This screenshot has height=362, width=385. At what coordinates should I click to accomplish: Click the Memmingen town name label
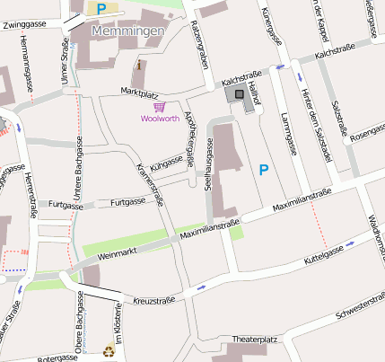tap(128, 31)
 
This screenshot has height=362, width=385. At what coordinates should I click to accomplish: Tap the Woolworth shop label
tap(159, 118)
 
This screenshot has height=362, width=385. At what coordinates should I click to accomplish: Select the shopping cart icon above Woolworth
tap(159, 105)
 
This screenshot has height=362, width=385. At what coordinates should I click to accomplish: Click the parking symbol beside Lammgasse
tap(263, 169)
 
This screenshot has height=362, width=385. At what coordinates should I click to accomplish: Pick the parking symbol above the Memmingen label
tap(101, 9)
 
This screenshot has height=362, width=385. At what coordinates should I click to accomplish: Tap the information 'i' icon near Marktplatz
tap(138, 65)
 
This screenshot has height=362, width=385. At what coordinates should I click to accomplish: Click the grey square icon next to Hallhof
tap(239, 94)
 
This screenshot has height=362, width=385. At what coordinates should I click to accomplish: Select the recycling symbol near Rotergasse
tap(109, 351)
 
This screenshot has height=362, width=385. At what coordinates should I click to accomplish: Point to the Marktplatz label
tap(139, 92)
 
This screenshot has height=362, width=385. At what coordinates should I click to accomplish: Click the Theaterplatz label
tap(255, 340)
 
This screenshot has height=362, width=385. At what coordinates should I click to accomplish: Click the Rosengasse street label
tap(366, 135)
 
